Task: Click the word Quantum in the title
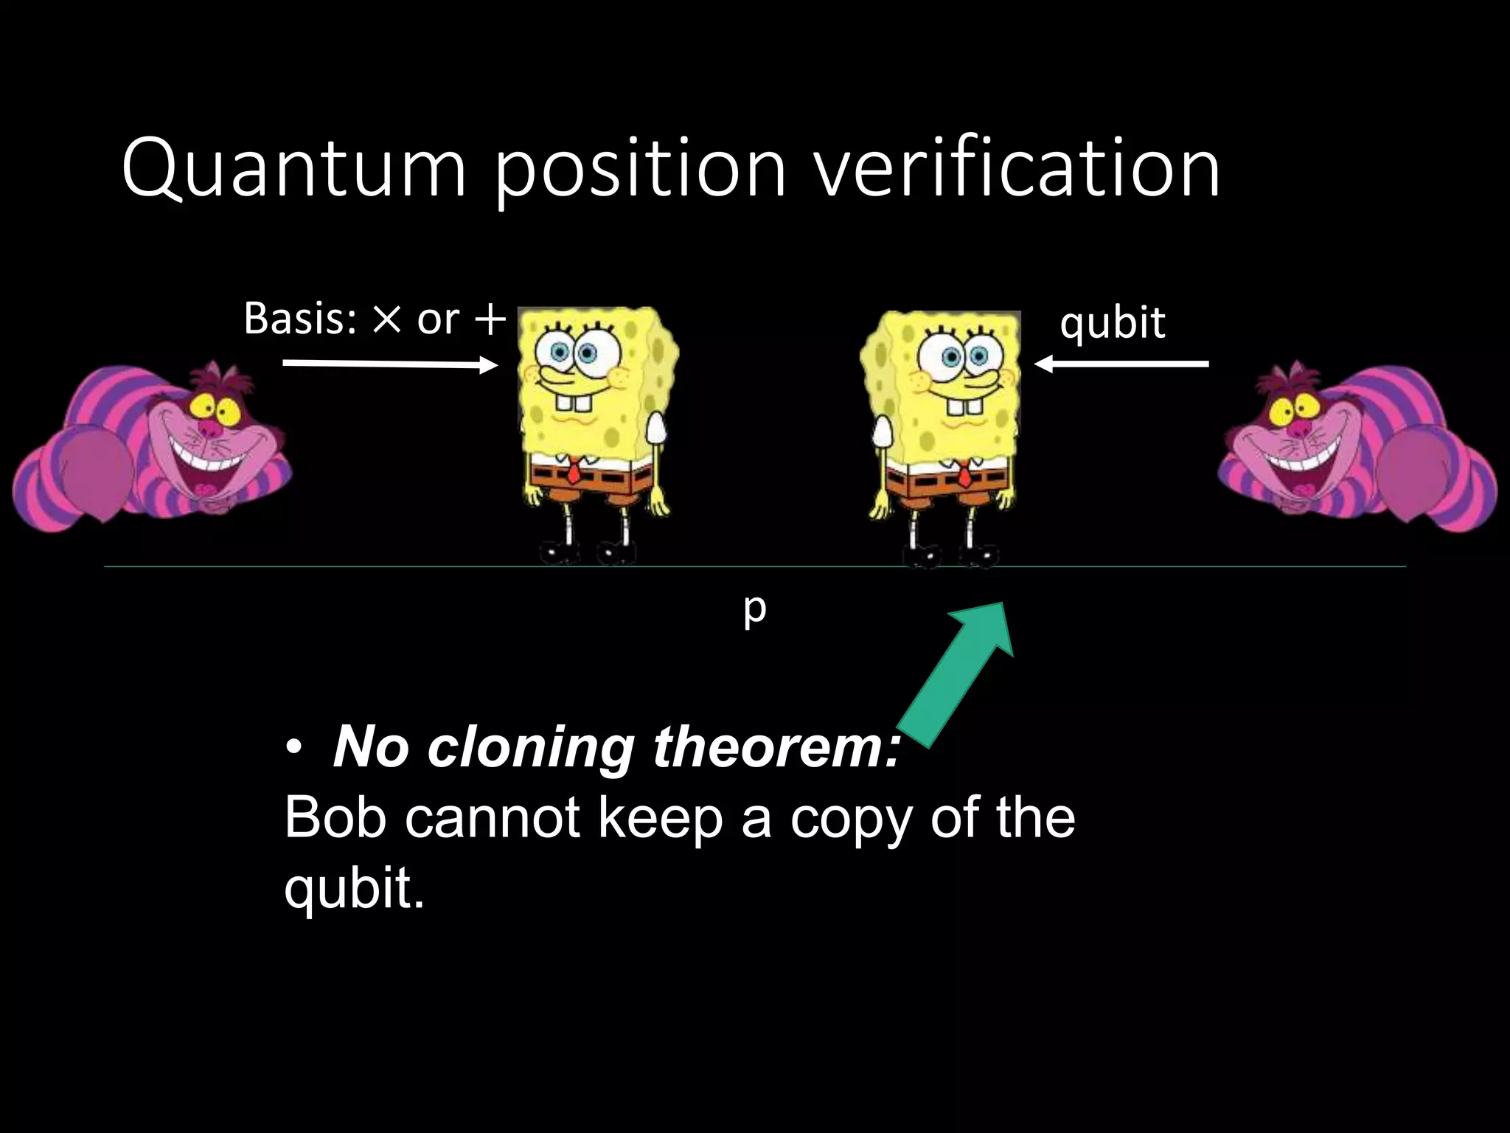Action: click(294, 169)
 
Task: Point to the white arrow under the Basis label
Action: click(390, 364)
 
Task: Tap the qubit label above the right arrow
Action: click(1113, 323)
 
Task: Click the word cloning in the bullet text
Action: click(531, 747)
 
